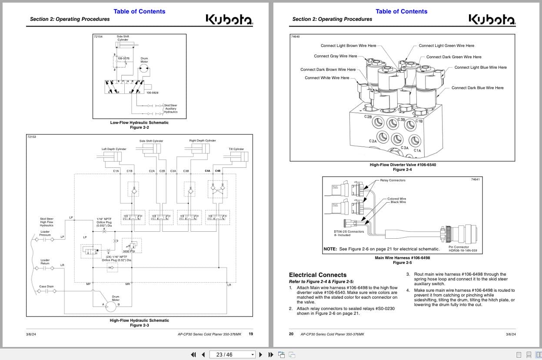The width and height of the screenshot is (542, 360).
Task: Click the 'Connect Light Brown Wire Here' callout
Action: click(x=348, y=46)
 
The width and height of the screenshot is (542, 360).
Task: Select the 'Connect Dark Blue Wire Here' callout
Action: click(x=477, y=88)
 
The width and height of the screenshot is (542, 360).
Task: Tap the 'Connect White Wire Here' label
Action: click(x=327, y=78)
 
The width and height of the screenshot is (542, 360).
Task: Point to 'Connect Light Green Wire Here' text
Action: click(x=446, y=46)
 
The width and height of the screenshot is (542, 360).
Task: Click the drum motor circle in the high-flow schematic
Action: click(x=111, y=306)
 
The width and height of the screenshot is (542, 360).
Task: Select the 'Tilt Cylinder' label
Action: click(x=236, y=149)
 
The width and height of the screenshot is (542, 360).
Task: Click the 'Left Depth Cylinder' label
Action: click(x=114, y=149)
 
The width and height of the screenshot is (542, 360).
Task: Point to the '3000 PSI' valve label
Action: click(x=129, y=251)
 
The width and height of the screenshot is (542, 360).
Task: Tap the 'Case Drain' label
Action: click(x=47, y=287)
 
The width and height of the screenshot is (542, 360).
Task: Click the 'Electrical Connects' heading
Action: click(x=318, y=275)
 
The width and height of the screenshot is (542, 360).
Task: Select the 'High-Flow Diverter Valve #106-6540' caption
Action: click(x=402, y=165)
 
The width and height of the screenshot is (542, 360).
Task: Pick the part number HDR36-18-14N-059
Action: click(x=462, y=250)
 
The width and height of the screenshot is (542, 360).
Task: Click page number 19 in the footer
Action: click(x=251, y=334)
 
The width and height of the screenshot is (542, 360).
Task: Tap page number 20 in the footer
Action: click(x=291, y=334)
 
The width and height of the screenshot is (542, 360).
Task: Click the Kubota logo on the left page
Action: click(x=229, y=20)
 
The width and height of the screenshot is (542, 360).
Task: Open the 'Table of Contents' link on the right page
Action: click(x=401, y=11)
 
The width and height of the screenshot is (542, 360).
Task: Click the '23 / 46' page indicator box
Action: click(x=232, y=354)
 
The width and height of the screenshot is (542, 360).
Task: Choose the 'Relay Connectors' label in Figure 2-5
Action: click(x=392, y=180)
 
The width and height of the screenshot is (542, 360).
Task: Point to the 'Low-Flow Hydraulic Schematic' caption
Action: click(x=139, y=123)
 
